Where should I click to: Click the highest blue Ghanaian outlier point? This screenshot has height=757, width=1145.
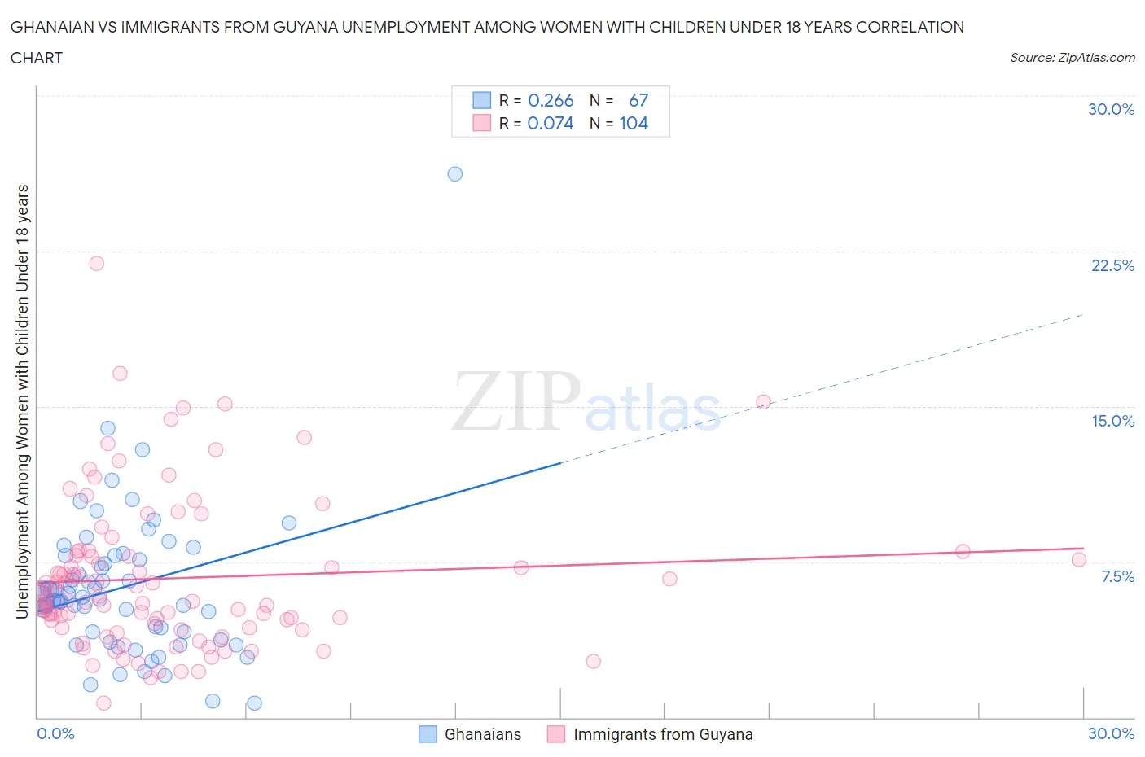tap(455, 173)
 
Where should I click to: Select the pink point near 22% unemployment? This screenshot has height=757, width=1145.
tap(96, 263)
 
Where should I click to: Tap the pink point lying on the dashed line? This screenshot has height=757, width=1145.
tap(763, 401)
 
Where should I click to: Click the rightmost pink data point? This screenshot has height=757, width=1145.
tap(1079, 559)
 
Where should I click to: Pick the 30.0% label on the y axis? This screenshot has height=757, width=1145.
tap(1111, 110)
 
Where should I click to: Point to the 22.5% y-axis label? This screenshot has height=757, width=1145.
tap(1112, 266)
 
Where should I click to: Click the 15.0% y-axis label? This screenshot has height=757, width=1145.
tap(1112, 421)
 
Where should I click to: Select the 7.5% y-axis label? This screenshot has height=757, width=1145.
tap(1117, 576)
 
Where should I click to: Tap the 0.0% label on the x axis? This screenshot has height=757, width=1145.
tap(55, 733)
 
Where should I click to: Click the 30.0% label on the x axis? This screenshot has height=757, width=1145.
tap(1111, 733)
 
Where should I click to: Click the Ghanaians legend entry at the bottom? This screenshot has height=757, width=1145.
tap(482, 734)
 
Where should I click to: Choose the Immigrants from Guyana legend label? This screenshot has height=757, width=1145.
tap(663, 734)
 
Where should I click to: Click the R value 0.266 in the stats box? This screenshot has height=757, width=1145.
tap(551, 100)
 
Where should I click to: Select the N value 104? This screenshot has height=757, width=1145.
tap(634, 124)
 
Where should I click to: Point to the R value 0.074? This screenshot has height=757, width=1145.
tap(551, 124)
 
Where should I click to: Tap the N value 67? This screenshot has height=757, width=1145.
tap(638, 100)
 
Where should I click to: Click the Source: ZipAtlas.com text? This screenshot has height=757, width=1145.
tap(1072, 57)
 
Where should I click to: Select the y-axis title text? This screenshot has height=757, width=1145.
tap(23, 401)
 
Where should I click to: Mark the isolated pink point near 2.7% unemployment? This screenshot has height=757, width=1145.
tap(593, 661)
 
